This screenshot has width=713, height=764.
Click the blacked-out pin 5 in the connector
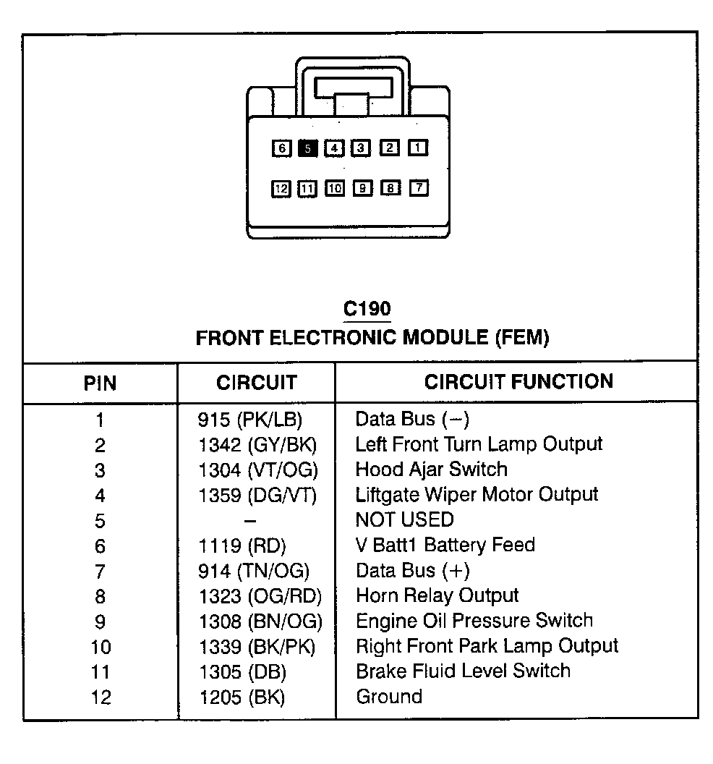click(307, 148)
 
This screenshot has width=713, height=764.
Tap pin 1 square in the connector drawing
click(418, 148)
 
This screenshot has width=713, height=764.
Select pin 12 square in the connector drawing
click(281, 189)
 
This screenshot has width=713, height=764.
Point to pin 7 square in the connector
click(418, 188)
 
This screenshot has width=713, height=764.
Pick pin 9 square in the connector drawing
click(362, 189)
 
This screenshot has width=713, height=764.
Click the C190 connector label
click(367, 309)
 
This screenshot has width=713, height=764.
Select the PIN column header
click(100, 383)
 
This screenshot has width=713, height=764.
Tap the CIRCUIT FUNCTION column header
click(518, 381)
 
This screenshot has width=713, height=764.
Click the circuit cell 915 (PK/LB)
click(249, 420)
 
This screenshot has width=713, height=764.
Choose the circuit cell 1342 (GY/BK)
click(257, 445)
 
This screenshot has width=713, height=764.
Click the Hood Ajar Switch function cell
click(431, 470)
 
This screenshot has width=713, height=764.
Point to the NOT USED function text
click(404, 519)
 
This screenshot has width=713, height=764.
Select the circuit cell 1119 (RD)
click(242, 546)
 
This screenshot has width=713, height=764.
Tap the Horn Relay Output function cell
click(437, 595)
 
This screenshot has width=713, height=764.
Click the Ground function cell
click(389, 697)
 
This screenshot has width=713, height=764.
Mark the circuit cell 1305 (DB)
click(242, 672)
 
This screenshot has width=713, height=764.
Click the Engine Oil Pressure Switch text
click(474, 621)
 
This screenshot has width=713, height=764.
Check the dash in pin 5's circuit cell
click(249, 520)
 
